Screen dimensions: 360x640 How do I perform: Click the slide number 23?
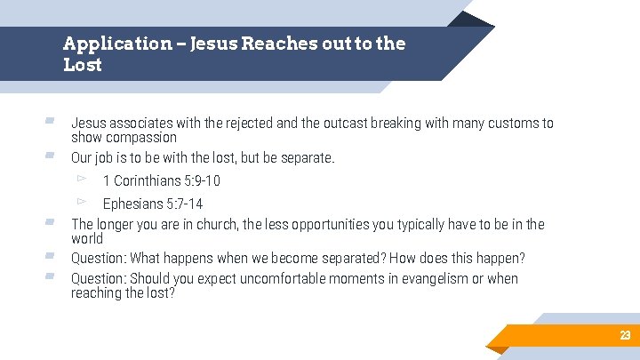click(625, 335)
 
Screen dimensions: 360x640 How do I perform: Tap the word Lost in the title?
click(83, 65)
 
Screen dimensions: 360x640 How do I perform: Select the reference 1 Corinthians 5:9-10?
click(161, 181)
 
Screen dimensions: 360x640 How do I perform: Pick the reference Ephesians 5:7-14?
click(152, 204)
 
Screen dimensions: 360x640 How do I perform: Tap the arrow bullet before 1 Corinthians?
click(81, 180)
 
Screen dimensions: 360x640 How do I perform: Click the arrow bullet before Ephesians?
click(81, 203)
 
